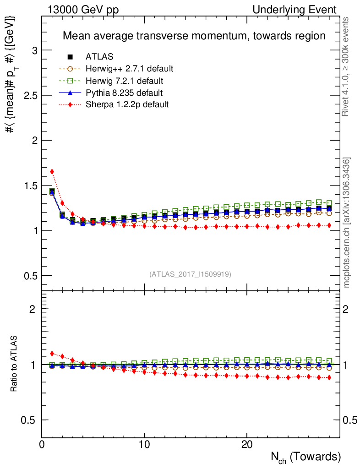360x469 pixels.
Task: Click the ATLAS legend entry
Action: coord(99,57)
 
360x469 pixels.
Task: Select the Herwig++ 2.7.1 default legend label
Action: coord(129,69)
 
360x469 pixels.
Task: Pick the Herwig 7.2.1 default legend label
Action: coord(125,81)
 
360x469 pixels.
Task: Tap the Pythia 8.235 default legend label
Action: coord(124,93)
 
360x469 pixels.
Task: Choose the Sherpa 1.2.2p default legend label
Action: coord(127,104)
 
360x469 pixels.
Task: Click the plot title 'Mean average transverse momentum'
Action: coord(194,36)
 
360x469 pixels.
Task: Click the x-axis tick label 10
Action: coord(144,445)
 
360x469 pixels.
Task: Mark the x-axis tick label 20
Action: coord(247,445)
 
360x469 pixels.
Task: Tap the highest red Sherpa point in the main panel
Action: coord(52,171)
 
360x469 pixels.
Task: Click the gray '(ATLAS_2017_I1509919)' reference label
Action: coord(190,274)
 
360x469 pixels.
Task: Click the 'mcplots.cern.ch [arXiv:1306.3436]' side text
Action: coord(347,223)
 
